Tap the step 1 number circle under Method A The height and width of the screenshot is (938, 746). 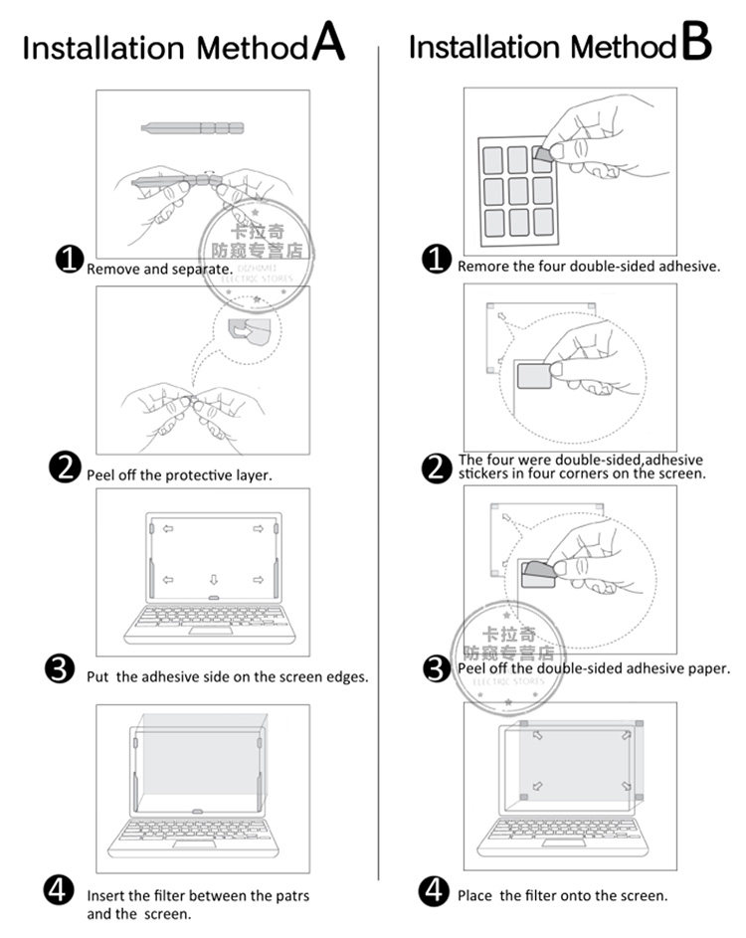pos(69,261)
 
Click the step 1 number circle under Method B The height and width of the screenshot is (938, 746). pos(436,260)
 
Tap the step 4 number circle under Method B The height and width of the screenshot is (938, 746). pos(435,889)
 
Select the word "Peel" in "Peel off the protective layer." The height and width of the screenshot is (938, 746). pos(100,475)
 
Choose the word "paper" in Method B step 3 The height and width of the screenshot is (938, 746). pos(707,668)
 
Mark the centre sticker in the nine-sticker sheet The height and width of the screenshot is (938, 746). pos(517,190)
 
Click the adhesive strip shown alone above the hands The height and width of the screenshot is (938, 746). pos(191,127)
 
